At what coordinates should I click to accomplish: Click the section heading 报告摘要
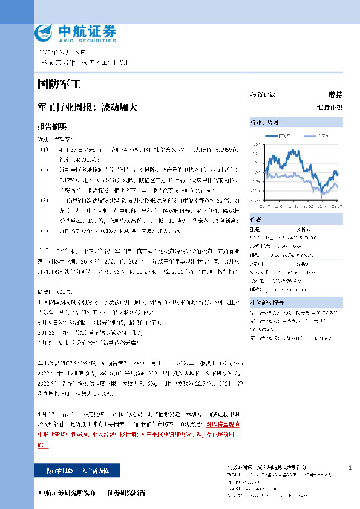pyautogui.click(x=52, y=127)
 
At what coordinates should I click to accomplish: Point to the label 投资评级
pyautogui.click(x=263, y=95)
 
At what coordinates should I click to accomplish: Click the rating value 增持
pyautogui.click(x=335, y=95)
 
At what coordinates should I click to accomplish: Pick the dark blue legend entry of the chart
pyautogui.click(x=284, y=135)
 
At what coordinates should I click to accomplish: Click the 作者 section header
pyautogui.click(x=256, y=219)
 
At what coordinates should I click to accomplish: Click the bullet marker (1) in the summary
pyautogui.click(x=43, y=148)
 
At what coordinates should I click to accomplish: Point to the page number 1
pyautogui.click(x=350, y=468)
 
